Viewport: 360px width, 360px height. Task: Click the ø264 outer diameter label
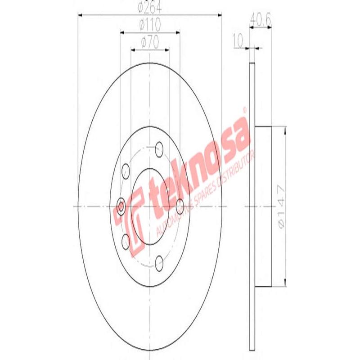pos(150,7)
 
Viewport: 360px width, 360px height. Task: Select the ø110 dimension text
pos(150,25)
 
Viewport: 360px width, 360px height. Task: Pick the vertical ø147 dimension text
pos(280,206)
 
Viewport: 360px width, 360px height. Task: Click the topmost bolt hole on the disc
pos(158,147)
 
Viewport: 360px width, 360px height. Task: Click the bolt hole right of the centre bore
pos(180,207)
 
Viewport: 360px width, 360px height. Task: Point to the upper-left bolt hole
pos(126,170)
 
